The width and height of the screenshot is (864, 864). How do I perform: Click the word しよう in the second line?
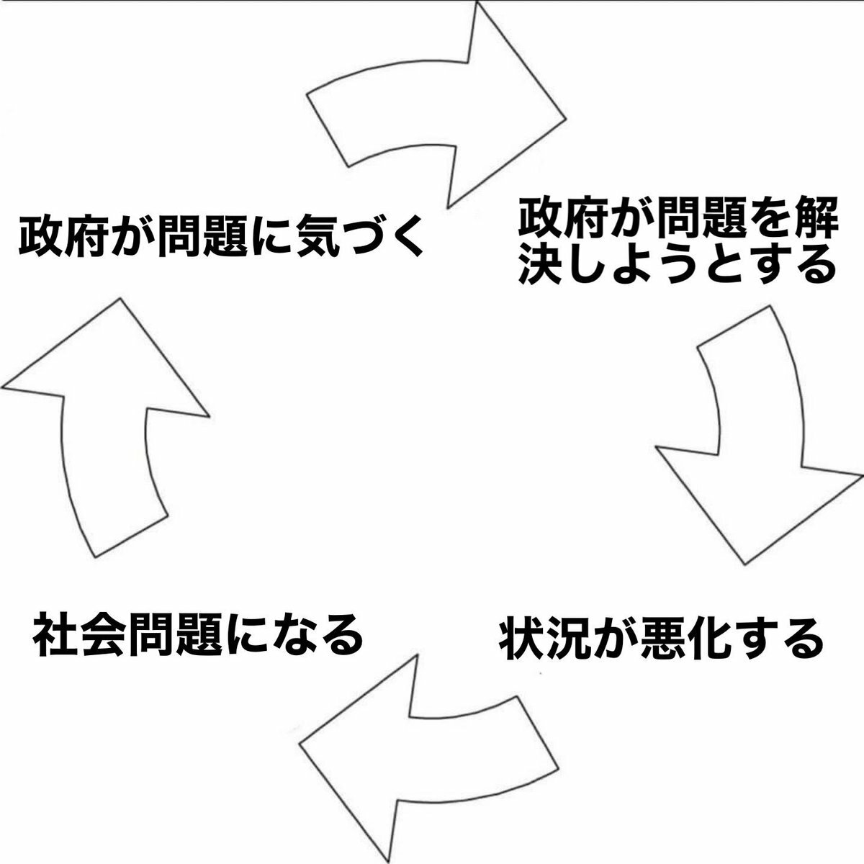[x=634, y=264]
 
